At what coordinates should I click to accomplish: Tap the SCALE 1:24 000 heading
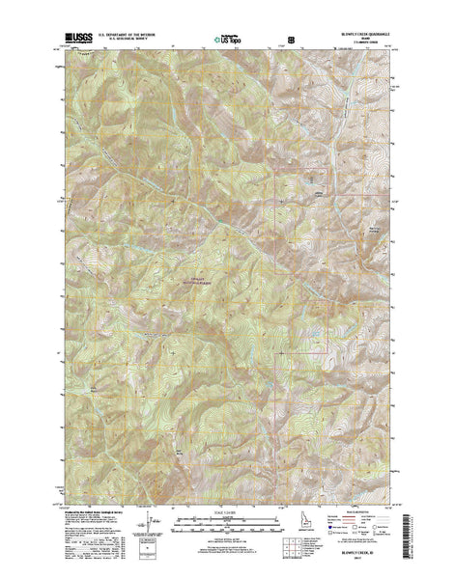[227, 511]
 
